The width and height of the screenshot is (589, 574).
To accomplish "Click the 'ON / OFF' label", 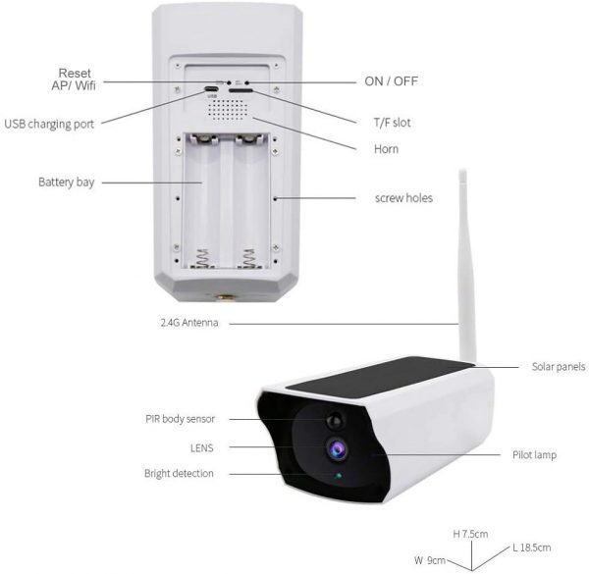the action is tap(391, 81).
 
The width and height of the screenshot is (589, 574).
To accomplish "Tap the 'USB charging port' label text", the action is tap(49, 124).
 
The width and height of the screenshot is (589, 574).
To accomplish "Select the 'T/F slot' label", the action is tap(392, 123).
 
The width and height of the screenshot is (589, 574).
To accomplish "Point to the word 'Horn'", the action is tap(386, 149).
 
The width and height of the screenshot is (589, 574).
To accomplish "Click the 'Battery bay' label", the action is tap(67, 183).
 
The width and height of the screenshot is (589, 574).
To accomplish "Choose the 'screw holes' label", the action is tap(403, 198).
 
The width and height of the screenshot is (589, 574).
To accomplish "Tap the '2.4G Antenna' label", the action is tap(189, 323).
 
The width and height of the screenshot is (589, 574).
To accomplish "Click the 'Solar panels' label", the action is tap(559, 366).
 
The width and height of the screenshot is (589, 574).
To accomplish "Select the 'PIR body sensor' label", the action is tap(180, 419).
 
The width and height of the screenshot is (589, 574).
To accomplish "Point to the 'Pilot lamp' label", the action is tap(534, 455).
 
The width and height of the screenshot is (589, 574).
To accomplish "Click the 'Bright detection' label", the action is tap(179, 473).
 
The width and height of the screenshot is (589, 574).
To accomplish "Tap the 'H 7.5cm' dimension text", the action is tap(470, 534).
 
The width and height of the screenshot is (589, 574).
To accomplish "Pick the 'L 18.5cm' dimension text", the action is tap(532, 548).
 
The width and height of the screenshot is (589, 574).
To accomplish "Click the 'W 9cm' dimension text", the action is tap(430, 560).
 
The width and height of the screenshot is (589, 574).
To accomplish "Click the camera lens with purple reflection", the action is tap(337, 449).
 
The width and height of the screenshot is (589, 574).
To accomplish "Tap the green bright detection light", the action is tap(339, 476).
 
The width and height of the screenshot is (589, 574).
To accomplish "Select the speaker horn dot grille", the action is tap(228, 110).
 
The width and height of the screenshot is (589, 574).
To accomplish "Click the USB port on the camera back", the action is tap(211, 89).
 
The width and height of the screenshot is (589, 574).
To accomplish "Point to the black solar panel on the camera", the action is tap(379, 377).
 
